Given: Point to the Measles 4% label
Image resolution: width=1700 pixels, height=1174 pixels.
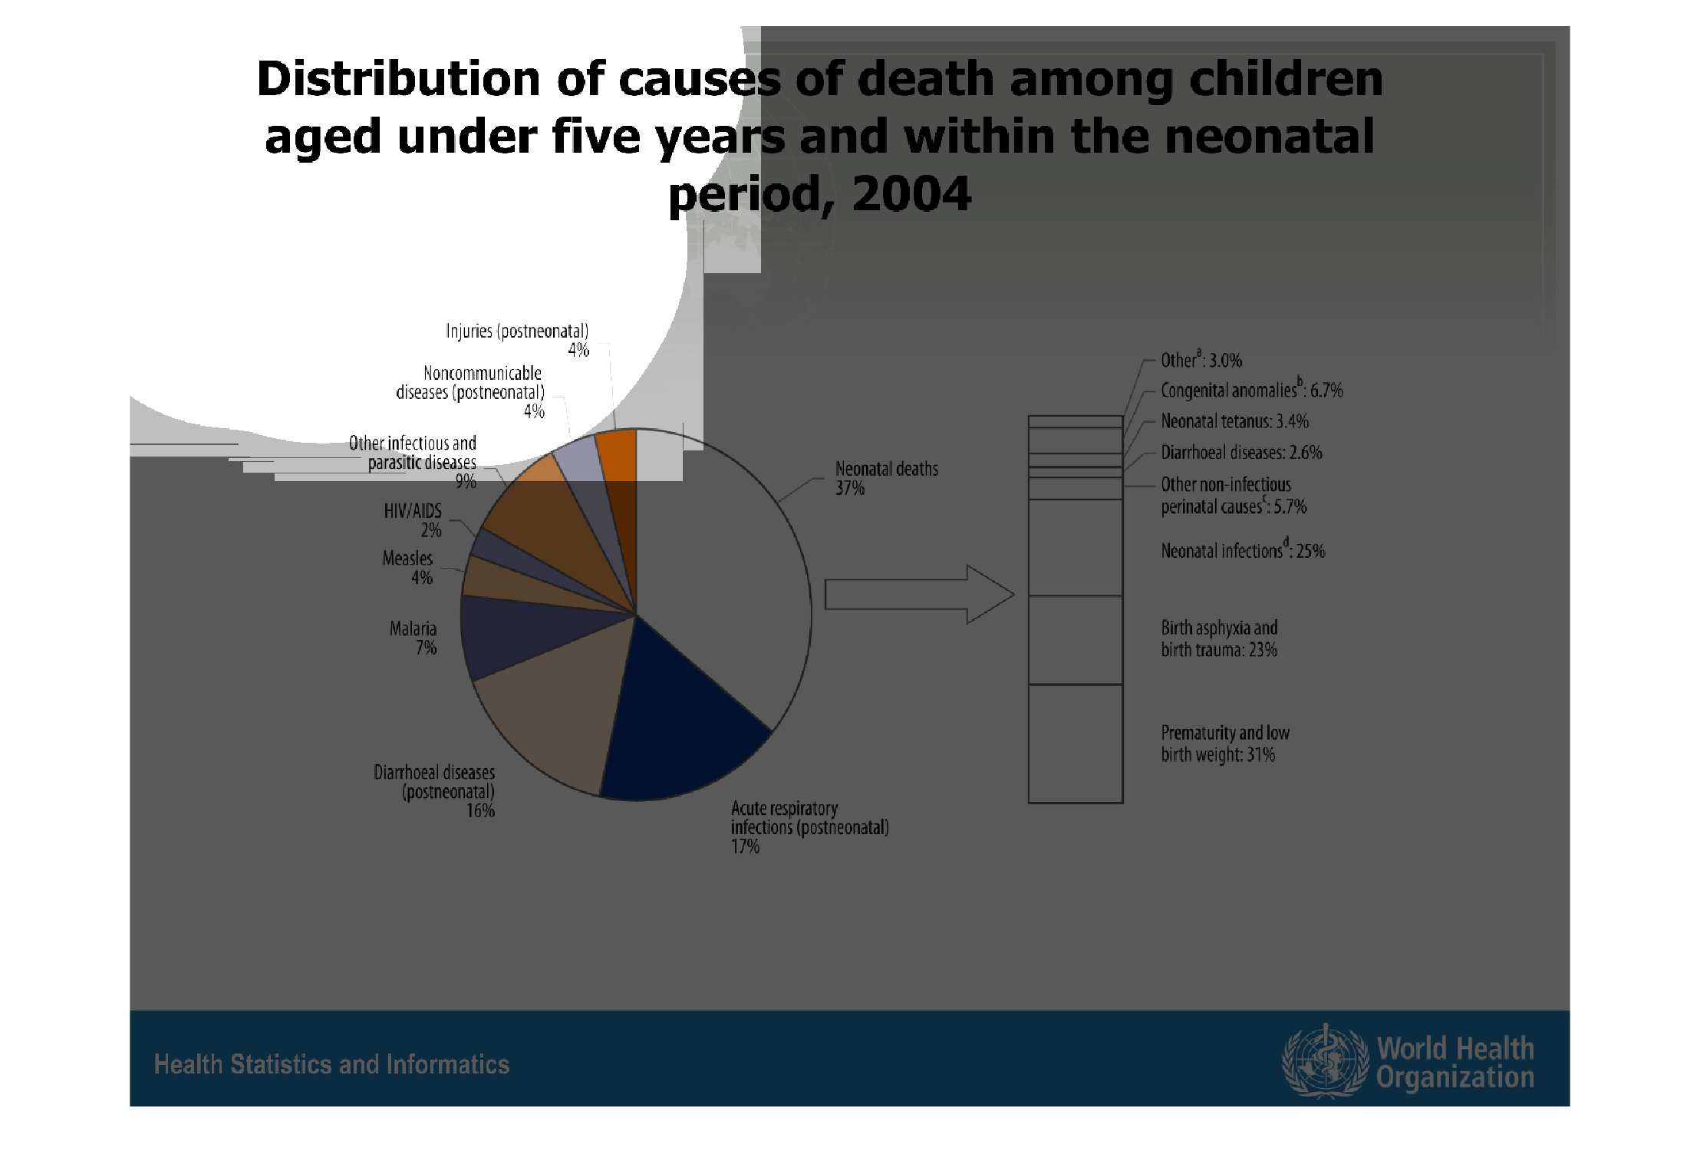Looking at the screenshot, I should pos(408,568).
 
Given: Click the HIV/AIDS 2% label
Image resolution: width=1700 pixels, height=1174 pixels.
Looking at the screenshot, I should pos(414,520).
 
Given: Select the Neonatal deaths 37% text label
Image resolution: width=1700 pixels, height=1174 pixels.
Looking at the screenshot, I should pos(886,478).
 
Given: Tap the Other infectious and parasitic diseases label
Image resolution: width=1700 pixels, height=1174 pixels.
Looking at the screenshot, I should pos(414,462).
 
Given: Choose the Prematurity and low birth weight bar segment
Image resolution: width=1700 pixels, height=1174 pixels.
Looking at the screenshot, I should pos(1076,743).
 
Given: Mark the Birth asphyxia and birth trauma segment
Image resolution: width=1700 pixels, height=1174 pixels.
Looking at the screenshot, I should pos(1076,640).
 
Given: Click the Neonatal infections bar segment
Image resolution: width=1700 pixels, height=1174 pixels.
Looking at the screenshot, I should pos(1076,547).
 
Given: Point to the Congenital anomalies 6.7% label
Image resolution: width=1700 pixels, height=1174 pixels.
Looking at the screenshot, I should pos(1251,390).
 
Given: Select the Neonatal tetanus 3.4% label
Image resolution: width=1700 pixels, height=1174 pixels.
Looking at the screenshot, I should pos(1234,421).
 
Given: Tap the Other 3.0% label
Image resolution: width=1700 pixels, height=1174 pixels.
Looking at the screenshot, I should pos(1201,360).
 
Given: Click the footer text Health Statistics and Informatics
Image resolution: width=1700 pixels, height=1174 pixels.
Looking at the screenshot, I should pos(331,1064).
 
